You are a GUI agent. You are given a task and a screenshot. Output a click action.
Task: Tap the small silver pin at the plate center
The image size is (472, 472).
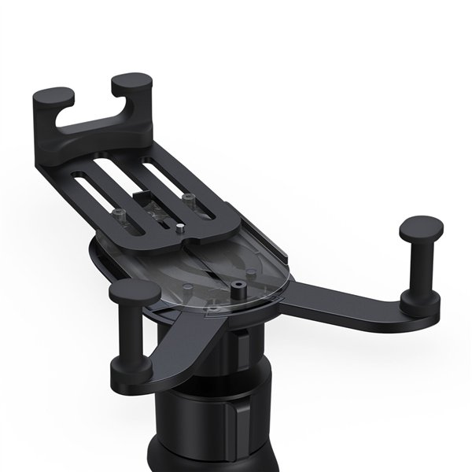point(180,229)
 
